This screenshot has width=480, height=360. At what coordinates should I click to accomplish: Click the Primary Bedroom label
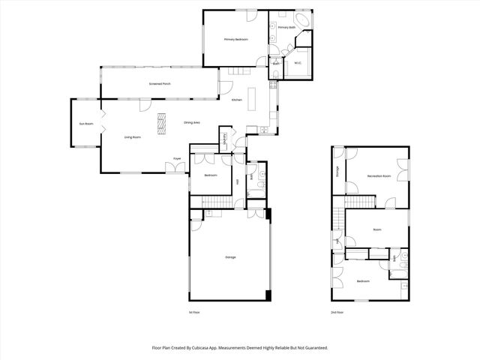236,38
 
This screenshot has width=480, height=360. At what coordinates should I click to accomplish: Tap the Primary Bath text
286,28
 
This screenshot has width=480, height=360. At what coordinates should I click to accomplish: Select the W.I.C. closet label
297,64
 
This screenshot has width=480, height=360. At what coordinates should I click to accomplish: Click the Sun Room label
86,123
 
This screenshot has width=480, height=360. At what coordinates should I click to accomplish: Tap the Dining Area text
192,122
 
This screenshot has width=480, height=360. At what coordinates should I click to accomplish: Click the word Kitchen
237,100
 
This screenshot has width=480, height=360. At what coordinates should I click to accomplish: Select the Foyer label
178,159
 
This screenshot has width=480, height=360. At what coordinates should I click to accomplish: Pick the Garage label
230,257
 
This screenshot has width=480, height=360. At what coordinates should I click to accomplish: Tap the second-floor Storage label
338,172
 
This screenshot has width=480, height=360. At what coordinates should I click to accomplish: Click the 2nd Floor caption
337,312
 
